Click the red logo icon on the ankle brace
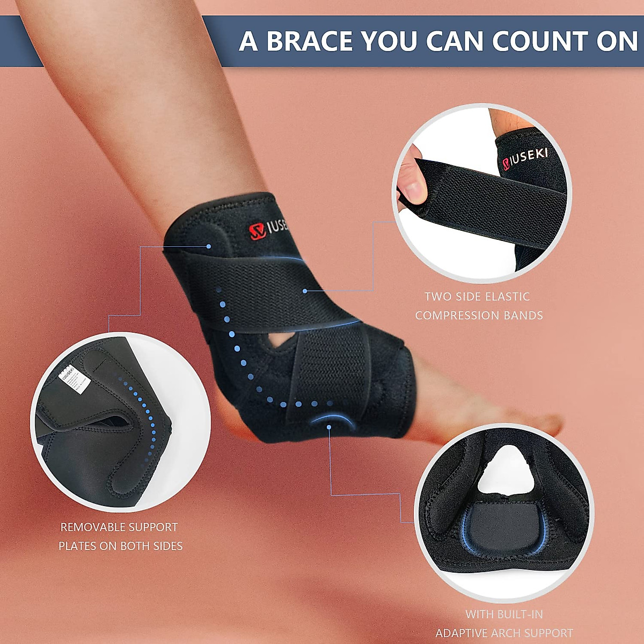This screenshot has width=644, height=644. [x=257, y=230]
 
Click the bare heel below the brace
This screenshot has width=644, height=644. [x=236, y=419]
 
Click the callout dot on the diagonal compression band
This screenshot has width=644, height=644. [x=305, y=291]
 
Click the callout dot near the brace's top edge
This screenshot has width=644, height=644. [x=209, y=246]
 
